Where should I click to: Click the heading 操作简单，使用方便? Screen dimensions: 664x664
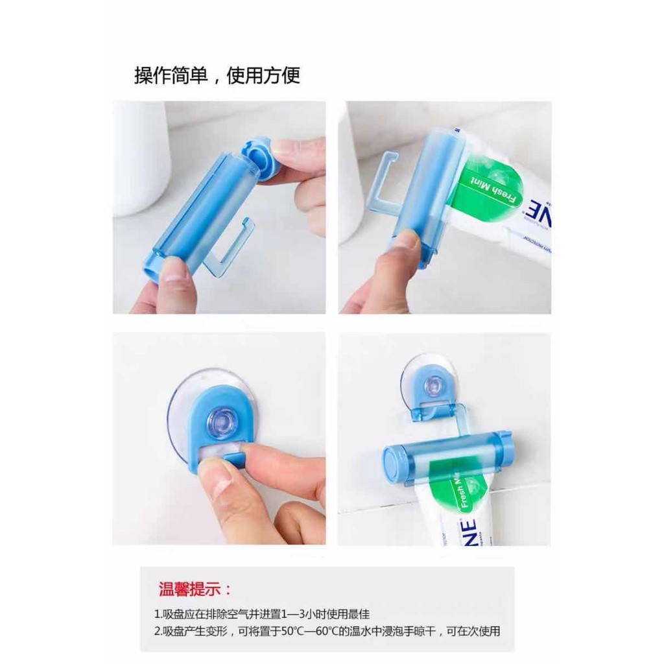217,76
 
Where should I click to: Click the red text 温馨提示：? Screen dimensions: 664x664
194,589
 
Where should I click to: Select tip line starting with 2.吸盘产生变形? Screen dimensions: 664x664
327,631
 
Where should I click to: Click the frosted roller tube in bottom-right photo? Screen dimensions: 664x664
454,457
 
